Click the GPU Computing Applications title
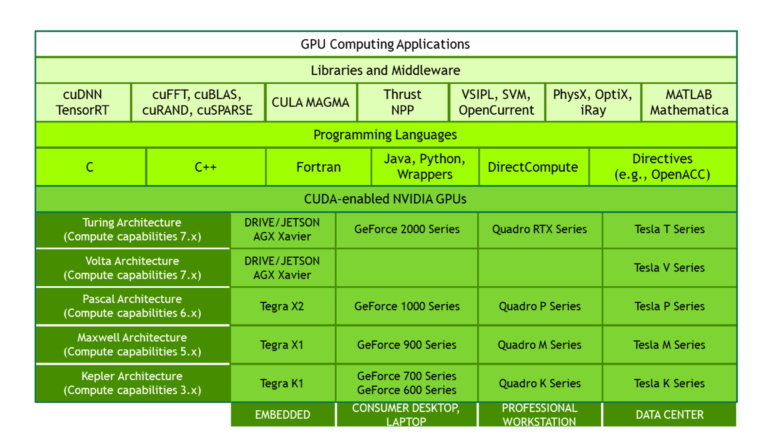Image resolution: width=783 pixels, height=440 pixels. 385,44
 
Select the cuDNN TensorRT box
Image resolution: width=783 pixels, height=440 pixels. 82,102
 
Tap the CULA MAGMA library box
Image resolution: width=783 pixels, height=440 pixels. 310,102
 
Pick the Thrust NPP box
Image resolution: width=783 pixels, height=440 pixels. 402,102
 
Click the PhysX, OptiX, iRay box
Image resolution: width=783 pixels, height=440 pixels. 592,102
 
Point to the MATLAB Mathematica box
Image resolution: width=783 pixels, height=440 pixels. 689,102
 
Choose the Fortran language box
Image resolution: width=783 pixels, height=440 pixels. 318,167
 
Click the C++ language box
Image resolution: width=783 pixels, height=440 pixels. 206,167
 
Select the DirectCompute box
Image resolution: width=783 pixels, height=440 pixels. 533,167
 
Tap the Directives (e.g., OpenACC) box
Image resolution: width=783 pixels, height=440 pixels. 662,166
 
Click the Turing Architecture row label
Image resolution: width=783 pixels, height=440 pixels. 132,230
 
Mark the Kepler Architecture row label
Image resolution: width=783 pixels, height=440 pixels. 132,383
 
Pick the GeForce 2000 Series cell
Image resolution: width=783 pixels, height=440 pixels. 407,229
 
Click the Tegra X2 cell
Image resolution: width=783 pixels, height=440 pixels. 282,306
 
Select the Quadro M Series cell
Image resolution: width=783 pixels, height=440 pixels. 539,345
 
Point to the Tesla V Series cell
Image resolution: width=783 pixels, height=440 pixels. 669,268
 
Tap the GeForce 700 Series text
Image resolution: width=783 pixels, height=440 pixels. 407,376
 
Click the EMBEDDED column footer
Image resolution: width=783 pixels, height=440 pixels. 282,414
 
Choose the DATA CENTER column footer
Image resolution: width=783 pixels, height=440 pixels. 669,414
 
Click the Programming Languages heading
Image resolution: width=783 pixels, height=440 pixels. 385,135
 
